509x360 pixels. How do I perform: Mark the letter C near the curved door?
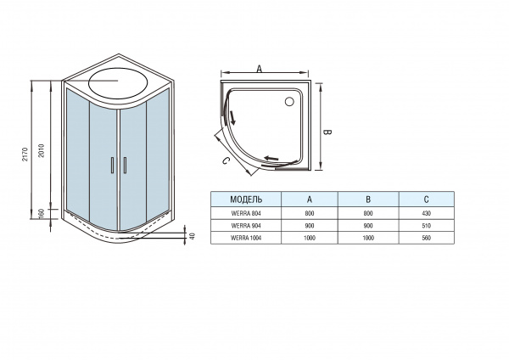point(226,160)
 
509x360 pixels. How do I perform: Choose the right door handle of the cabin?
point(123,166)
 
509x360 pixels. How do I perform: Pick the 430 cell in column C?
point(425,212)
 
